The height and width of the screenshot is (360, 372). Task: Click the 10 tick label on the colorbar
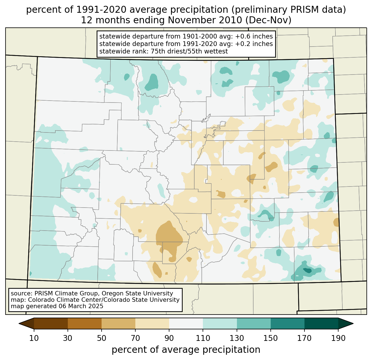(x=34, y=338)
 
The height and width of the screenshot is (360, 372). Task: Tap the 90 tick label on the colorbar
(x=169, y=338)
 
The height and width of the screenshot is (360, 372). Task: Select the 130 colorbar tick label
(x=237, y=338)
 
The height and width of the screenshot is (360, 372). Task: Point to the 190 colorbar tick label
(x=338, y=338)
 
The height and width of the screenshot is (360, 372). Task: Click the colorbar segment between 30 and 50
(x=85, y=323)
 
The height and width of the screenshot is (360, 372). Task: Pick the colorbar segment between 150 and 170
(x=288, y=323)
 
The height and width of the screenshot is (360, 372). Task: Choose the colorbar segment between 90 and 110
(x=186, y=323)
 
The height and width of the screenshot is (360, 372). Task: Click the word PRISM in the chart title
(x=301, y=10)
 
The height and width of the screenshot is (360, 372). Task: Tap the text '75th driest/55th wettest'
(x=189, y=51)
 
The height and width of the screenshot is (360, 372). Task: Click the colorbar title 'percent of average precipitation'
(x=186, y=349)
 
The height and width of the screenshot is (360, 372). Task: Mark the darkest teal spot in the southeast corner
(x=308, y=270)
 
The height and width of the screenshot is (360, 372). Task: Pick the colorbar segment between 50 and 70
(x=118, y=323)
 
